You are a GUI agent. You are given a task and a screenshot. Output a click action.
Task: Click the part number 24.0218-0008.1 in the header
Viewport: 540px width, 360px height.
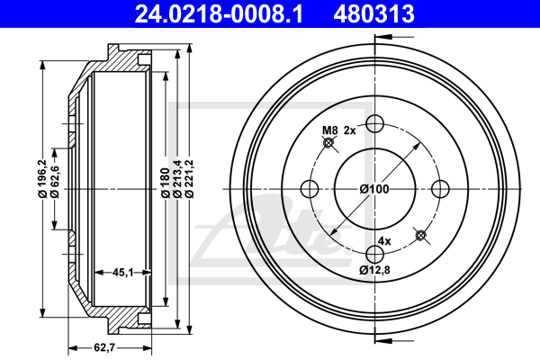tap(219, 13)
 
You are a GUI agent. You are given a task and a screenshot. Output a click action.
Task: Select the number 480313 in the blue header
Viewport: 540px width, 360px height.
tap(373, 13)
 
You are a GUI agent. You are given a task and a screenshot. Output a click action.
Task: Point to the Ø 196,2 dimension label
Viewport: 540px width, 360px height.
tap(42, 179)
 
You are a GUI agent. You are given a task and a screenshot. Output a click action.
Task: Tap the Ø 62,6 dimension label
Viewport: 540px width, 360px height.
tap(55, 182)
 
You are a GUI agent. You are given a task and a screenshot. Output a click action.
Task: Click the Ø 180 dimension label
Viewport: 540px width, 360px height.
tap(166, 183)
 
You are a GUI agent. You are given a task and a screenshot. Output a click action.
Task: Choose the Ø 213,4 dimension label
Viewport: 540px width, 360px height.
tap(177, 179)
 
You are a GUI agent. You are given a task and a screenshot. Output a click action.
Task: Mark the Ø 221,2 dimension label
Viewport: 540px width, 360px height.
tap(190, 179)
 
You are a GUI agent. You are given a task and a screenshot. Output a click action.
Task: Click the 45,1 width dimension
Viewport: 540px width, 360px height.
tap(122, 273)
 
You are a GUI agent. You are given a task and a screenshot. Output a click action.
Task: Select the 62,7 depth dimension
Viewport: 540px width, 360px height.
tap(104, 347)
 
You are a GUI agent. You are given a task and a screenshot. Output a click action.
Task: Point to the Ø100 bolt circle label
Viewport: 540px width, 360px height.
tap(374, 189)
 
